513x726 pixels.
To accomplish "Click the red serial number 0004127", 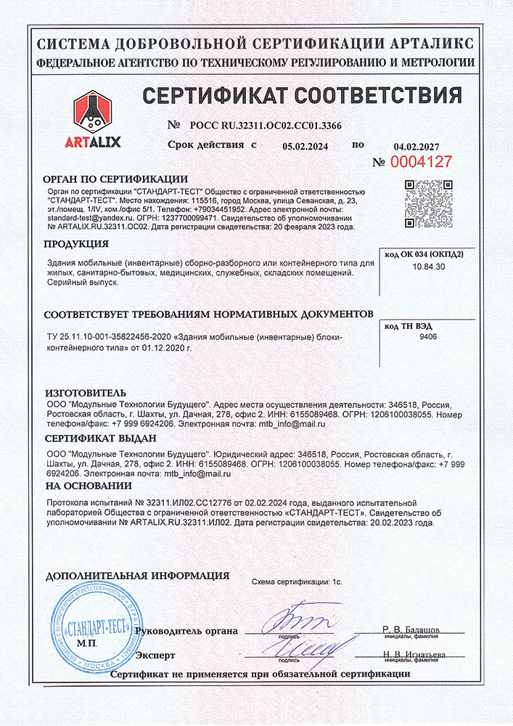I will tap(422, 162).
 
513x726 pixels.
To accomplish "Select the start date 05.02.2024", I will tap(305, 146).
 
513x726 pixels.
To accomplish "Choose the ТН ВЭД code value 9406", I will tap(429, 337).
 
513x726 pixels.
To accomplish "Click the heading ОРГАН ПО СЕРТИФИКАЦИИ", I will tap(116, 179).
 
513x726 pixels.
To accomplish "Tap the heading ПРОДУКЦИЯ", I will tap(76, 245).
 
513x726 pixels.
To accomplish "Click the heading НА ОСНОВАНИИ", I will tap(89, 486).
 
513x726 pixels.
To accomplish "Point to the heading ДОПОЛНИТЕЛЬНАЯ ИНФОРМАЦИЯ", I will tap(137, 576).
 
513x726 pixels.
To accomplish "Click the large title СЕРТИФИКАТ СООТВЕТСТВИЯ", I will tap(302, 95).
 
